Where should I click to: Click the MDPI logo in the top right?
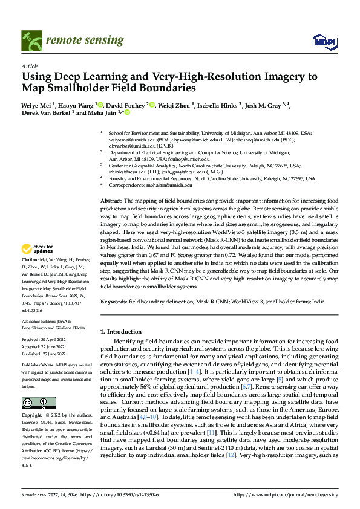[x=323, y=41]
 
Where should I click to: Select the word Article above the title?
[x=30, y=65]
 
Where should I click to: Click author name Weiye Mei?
[x=36, y=105]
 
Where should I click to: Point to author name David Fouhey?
[x=131, y=105]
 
